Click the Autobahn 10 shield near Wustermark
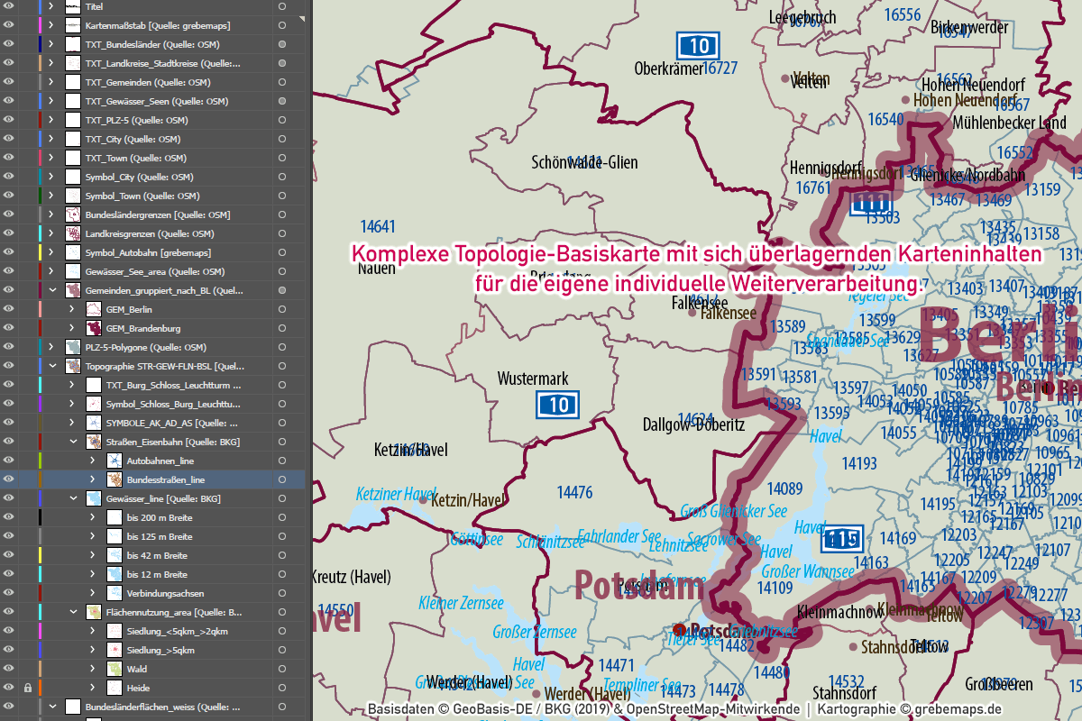coord(559,405)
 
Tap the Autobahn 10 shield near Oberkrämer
coord(698,46)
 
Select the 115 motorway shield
coord(842,539)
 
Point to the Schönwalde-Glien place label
coord(584,162)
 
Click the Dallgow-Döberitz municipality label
coord(693,424)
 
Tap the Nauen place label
coord(377,268)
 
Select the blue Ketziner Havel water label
coord(396,494)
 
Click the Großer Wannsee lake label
coord(807,571)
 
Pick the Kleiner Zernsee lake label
coord(461,603)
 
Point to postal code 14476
coord(574,492)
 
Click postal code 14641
coord(378,225)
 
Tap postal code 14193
coord(859,463)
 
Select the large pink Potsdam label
coord(639,587)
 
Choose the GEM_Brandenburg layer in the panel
coord(143,328)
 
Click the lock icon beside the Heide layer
coord(28,688)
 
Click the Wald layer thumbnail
coord(115,669)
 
